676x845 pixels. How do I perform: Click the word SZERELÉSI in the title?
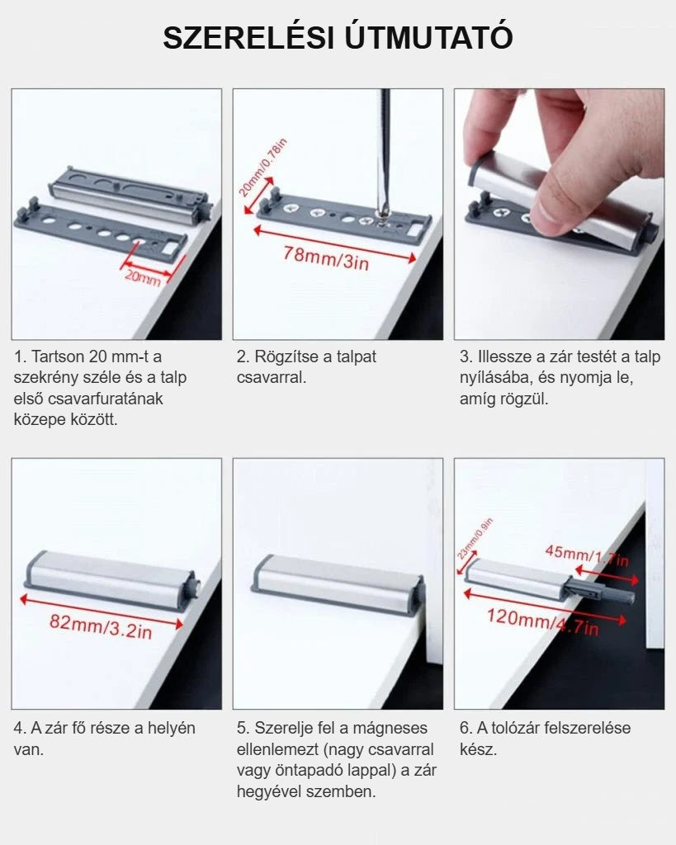click(248, 38)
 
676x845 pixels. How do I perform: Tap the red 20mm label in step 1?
click(142, 277)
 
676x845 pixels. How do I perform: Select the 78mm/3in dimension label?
click(327, 257)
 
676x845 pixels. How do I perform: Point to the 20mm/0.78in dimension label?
click(262, 168)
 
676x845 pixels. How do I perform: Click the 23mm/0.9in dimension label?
click(475, 539)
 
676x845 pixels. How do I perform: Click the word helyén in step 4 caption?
click(171, 729)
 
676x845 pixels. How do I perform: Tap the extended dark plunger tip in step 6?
click(619, 595)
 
